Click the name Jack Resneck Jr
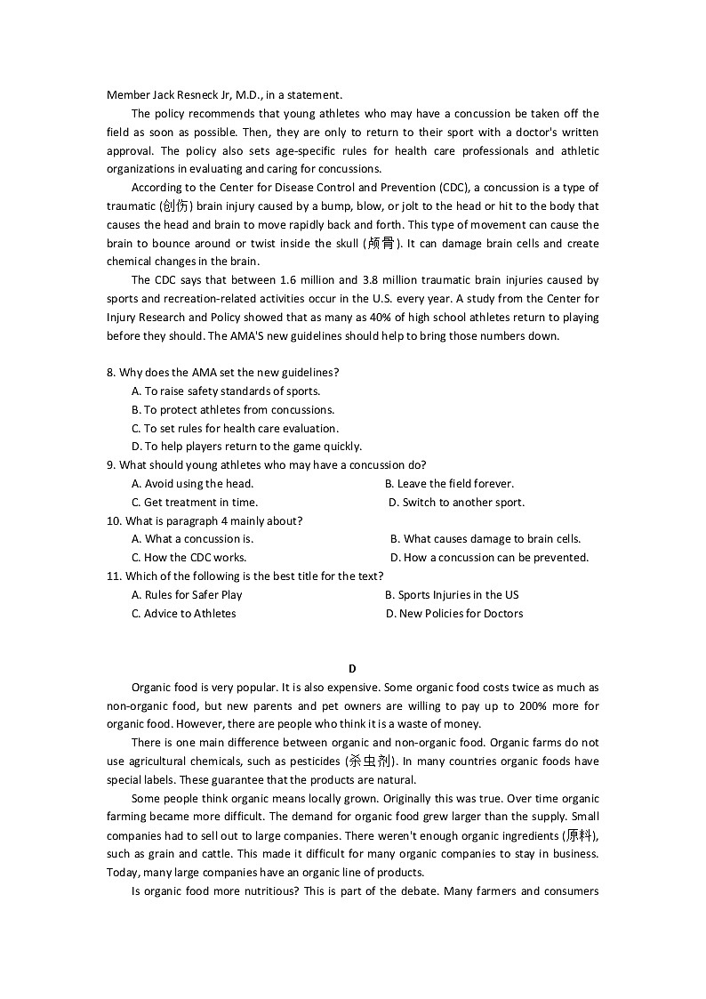pyautogui.click(x=181, y=95)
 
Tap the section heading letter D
pyautogui.click(x=352, y=669)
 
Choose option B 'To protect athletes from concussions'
pyautogui.click(x=233, y=410)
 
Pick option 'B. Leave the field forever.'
pyautogui.click(x=449, y=484)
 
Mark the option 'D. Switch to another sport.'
pyautogui.click(x=457, y=503)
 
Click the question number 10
pyautogui.click(x=114, y=521)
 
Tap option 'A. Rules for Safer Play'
pyautogui.click(x=187, y=595)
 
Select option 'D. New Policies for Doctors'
pyautogui.click(x=454, y=614)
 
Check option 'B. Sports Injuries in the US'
pyautogui.click(x=452, y=595)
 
